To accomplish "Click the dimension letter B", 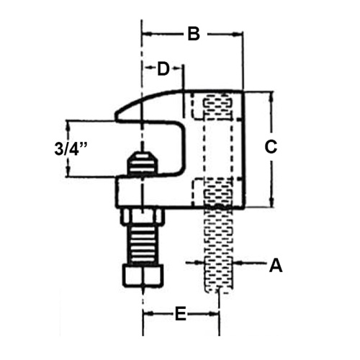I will tap(192, 33).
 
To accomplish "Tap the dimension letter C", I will tap(271, 147).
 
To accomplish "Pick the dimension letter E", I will tap(181, 314).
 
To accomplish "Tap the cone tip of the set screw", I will tap(143, 162).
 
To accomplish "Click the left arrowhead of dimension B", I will tap(145, 33).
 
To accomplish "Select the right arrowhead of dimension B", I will tap(240, 33).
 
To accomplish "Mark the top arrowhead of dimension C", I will tap(271, 96).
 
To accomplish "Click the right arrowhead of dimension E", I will tap(215, 314).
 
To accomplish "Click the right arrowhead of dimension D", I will tap(181, 68).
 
